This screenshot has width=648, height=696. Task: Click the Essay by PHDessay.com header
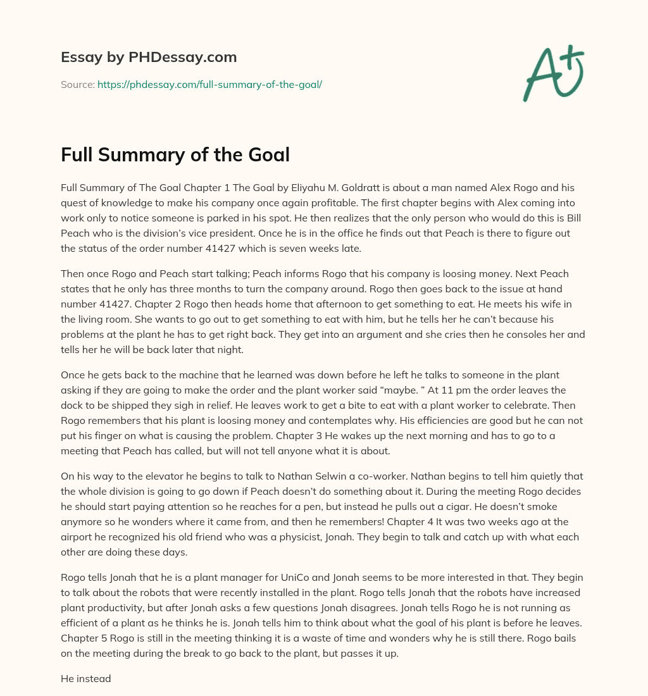pyautogui.click(x=149, y=58)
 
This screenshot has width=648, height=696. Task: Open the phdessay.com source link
pyautogui.click(x=209, y=84)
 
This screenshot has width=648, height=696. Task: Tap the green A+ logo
pyautogui.click(x=553, y=74)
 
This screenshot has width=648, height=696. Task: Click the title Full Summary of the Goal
pyautogui.click(x=175, y=155)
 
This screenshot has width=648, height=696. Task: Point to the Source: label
pyautogui.click(x=77, y=84)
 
